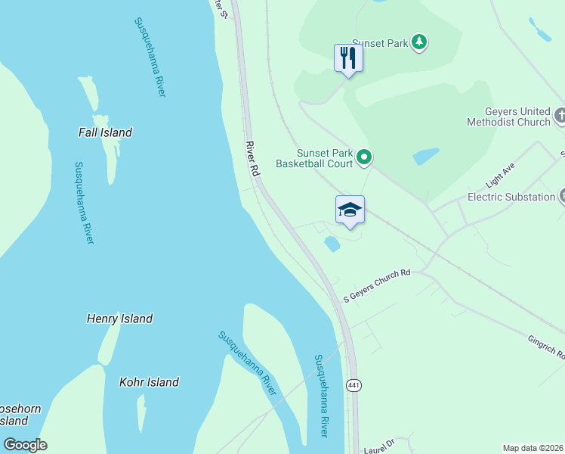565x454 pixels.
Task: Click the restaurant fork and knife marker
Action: (348, 58)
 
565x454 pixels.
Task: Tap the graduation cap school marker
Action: (350, 210)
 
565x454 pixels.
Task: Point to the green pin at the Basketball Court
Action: (365, 157)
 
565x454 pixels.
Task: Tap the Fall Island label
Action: (105, 132)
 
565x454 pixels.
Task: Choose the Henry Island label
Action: (119, 319)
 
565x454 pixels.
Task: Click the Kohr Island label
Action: (149, 382)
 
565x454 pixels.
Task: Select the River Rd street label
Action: (252, 158)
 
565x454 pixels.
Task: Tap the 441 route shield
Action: (353, 385)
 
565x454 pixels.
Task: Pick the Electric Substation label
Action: (511, 197)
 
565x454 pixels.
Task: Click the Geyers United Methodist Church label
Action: (508, 117)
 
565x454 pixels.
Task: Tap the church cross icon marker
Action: (560, 116)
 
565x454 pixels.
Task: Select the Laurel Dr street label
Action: (379, 444)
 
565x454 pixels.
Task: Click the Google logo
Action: (25, 445)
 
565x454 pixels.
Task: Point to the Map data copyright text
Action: (532, 448)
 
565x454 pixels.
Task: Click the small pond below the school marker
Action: (332, 244)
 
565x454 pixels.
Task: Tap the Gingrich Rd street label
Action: (546, 347)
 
